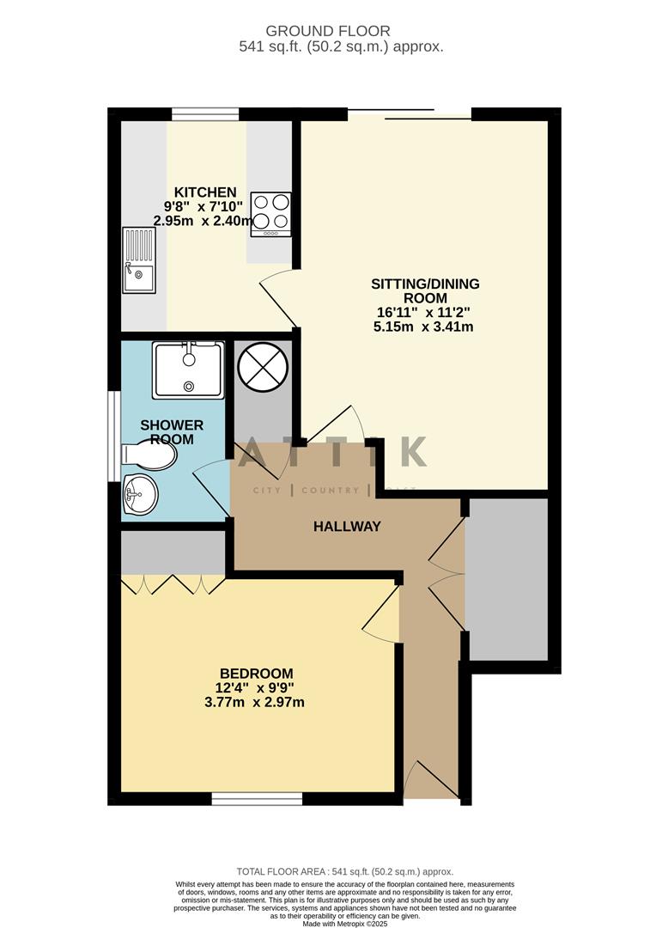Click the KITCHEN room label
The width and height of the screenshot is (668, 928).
point(205,192)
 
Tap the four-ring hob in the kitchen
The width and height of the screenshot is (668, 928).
point(270,214)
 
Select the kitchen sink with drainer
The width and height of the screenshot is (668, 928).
point(138,259)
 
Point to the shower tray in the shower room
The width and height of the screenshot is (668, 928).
point(188,369)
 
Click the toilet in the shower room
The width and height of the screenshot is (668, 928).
point(149,455)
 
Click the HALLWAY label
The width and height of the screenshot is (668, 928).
point(346,526)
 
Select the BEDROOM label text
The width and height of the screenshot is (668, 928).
point(256,674)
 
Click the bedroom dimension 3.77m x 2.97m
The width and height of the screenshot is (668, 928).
point(256,702)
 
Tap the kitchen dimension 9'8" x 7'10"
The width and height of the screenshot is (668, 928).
point(203,206)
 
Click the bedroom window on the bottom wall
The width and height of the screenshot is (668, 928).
point(257,799)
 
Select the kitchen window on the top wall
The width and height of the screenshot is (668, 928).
point(204,113)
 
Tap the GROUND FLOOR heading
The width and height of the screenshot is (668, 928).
point(341,32)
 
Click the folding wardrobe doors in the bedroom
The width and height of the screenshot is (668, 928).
point(173,584)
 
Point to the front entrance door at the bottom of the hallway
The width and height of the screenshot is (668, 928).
point(431,780)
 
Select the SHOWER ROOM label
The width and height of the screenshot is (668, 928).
point(172,432)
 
